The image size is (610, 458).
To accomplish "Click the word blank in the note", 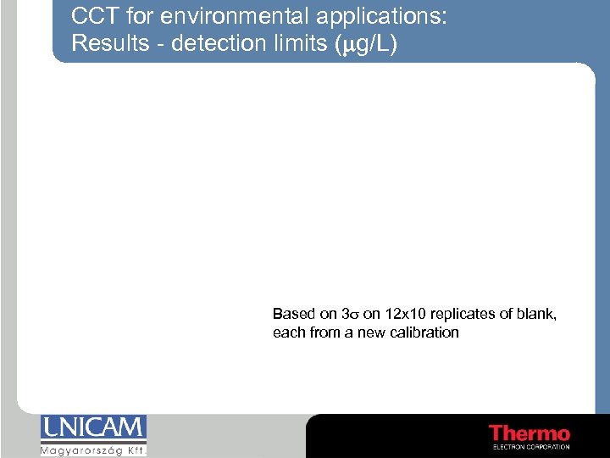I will tap(539, 314).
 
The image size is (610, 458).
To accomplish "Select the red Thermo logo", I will tap(530, 433).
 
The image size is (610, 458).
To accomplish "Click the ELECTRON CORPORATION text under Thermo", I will tap(531, 447).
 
